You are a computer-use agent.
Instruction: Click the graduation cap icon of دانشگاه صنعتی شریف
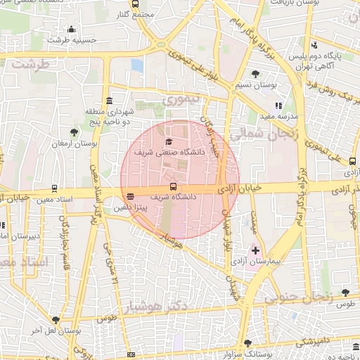(x=168, y=142)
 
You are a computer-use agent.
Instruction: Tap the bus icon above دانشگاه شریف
(x=173, y=187)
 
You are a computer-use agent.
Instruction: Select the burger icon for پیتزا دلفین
(x=131, y=197)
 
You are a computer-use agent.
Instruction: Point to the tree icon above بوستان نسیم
(x=255, y=74)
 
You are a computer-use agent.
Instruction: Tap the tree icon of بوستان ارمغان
(x=75, y=131)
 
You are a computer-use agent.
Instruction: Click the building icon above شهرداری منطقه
(x=109, y=101)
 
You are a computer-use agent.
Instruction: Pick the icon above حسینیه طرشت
(x=70, y=30)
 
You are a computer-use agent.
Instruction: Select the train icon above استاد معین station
(x=54, y=190)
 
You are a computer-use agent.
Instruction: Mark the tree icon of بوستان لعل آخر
(x=56, y=320)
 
